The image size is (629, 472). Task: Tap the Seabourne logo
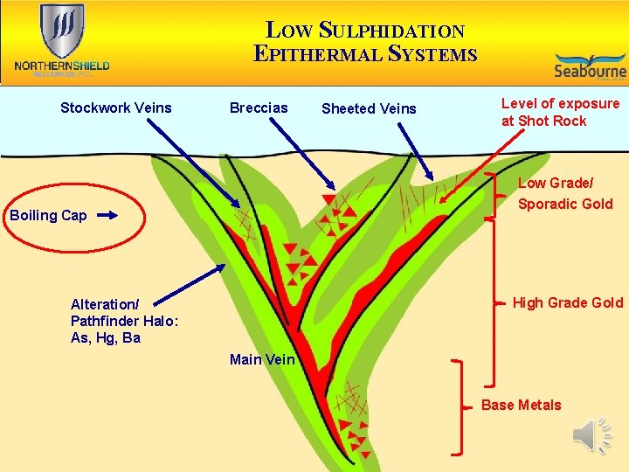pos(590,66)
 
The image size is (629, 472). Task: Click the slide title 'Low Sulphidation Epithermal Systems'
pos(365,42)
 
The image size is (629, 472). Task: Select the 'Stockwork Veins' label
pos(116,108)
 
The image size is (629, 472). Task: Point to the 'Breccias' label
pos(258,108)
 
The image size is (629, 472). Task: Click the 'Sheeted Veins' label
pos(369,109)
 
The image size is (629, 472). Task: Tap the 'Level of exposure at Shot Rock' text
pos(560,112)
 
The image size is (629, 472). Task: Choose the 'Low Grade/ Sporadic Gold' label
pos(565,193)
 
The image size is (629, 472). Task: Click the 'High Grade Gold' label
pos(567,303)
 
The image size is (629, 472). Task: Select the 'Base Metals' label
pos(521,405)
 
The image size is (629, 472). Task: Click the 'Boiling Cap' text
pos(48,215)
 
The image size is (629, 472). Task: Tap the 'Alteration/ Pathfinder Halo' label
pos(124,321)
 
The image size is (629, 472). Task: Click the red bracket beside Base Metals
pos(458,406)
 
